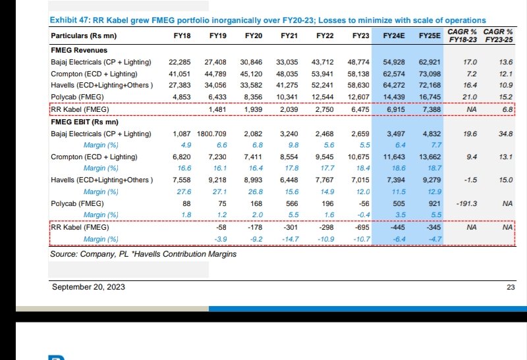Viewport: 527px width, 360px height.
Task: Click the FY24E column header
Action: (394, 36)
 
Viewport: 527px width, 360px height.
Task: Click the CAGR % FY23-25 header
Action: (498, 36)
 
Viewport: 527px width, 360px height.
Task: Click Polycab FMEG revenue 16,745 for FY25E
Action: (429, 97)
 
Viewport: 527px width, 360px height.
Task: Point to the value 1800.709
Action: (211, 134)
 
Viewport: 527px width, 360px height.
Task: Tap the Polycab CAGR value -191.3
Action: (465, 203)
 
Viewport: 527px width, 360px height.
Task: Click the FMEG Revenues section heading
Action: (79, 50)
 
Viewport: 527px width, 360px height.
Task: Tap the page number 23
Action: (511, 287)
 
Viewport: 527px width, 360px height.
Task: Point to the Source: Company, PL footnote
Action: (143, 253)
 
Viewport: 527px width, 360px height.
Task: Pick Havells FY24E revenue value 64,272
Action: (393, 85)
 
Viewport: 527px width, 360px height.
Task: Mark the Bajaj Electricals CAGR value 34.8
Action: (506, 134)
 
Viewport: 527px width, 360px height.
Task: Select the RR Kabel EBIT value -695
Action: (360, 227)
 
